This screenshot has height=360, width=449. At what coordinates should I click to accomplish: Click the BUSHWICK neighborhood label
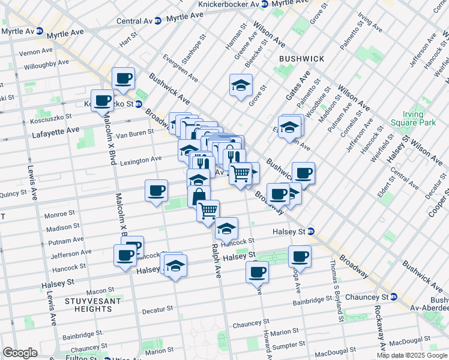coord(301,59)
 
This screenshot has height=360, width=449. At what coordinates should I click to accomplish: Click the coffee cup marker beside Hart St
coord(123,78)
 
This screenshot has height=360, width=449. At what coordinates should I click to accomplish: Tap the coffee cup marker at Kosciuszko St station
coord(101,100)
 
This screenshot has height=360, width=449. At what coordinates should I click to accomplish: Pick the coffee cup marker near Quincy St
coord(156,191)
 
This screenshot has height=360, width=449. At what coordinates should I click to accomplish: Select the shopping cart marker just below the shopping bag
coord(208,211)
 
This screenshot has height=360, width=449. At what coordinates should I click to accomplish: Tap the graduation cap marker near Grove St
coord(241,85)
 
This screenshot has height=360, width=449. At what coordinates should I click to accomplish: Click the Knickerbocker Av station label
coord(229,4)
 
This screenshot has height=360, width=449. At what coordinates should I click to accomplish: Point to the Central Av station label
coord(134,21)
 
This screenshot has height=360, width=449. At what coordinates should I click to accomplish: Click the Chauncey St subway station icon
coord(394,296)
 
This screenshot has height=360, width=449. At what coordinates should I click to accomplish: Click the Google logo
coord(20,353)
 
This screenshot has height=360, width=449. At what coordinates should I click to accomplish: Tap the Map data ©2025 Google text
coord(411,355)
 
